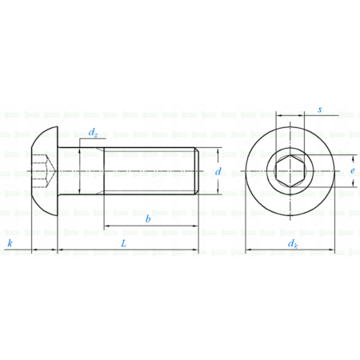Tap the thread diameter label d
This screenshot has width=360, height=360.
(218, 172)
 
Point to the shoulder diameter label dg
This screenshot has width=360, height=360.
(94, 132)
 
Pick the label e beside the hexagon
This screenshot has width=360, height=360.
(353, 171)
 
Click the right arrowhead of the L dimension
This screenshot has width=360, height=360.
(195, 250)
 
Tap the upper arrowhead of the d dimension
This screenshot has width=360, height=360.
(218, 152)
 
